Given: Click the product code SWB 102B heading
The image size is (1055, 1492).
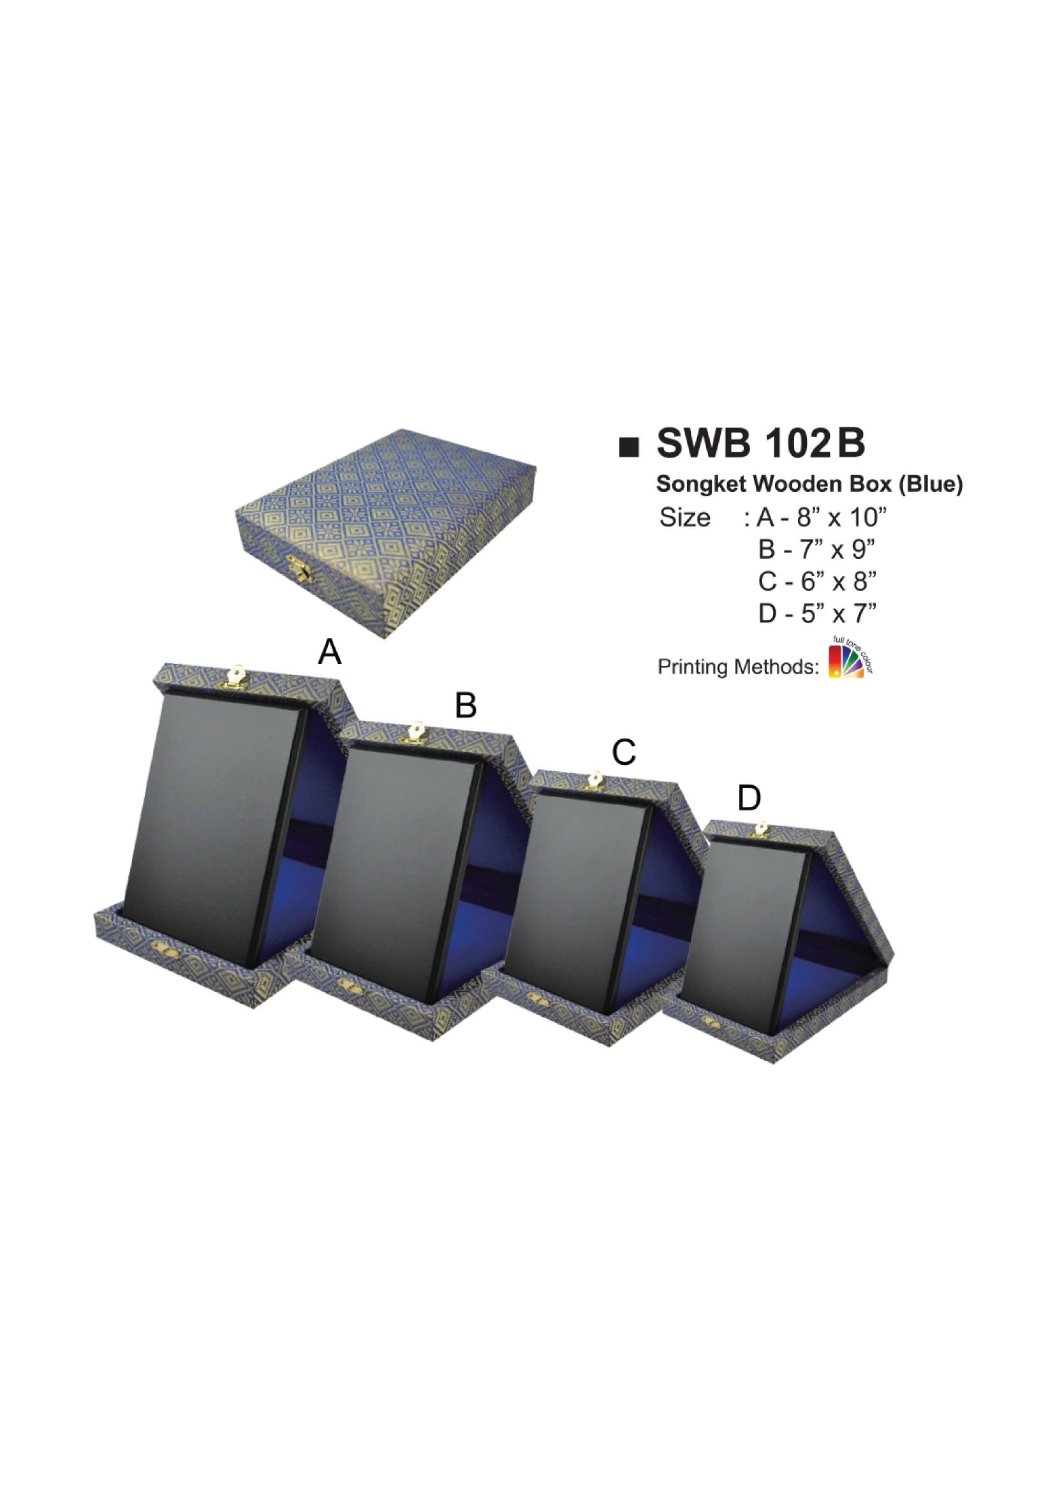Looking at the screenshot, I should pyautogui.click(x=761, y=445).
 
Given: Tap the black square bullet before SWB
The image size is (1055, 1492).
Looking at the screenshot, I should pyautogui.click(x=628, y=448).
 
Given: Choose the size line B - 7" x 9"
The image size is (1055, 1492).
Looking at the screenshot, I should pyautogui.click(x=817, y=550).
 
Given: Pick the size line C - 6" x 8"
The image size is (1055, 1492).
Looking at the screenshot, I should pyautogui.click(x=817, y=582).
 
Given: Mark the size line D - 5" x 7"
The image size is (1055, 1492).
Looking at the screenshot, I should pyautogui.click(x=817, y=614).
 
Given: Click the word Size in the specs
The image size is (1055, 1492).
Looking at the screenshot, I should pyautogui.click(x=684, y=518).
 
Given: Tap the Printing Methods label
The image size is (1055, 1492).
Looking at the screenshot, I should pyautogui.click(x=738, y=667).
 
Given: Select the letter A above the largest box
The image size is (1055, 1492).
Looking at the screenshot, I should pyautogui.click(x=329, y=652).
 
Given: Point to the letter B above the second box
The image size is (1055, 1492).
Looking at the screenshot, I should pyautogui.click(x=466, y=705).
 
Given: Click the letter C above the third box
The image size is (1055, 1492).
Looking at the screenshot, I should pyautogui.click(x=623, y=753).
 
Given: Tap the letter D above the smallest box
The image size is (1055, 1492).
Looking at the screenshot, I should pyautogui.click(x=749, y=798).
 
